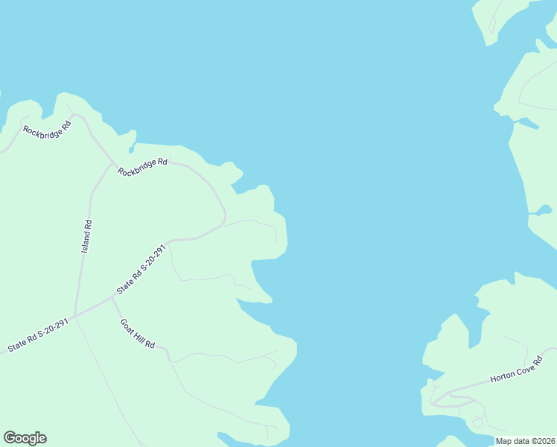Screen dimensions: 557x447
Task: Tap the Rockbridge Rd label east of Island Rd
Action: [143, 167]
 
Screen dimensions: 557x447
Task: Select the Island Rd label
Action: [87, 235]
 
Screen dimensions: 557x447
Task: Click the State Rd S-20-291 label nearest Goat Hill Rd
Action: [140, 268]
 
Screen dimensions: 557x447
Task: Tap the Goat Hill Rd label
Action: [138, 334]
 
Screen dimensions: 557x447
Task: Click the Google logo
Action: [25, 438]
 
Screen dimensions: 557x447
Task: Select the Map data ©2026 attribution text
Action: [526, 441]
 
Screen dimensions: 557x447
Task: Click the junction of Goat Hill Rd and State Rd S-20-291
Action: [112, 297]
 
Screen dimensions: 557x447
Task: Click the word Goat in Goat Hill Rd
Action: [127, 326]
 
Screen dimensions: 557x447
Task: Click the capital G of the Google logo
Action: [10, 438]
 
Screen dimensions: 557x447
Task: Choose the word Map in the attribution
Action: [504, 441]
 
